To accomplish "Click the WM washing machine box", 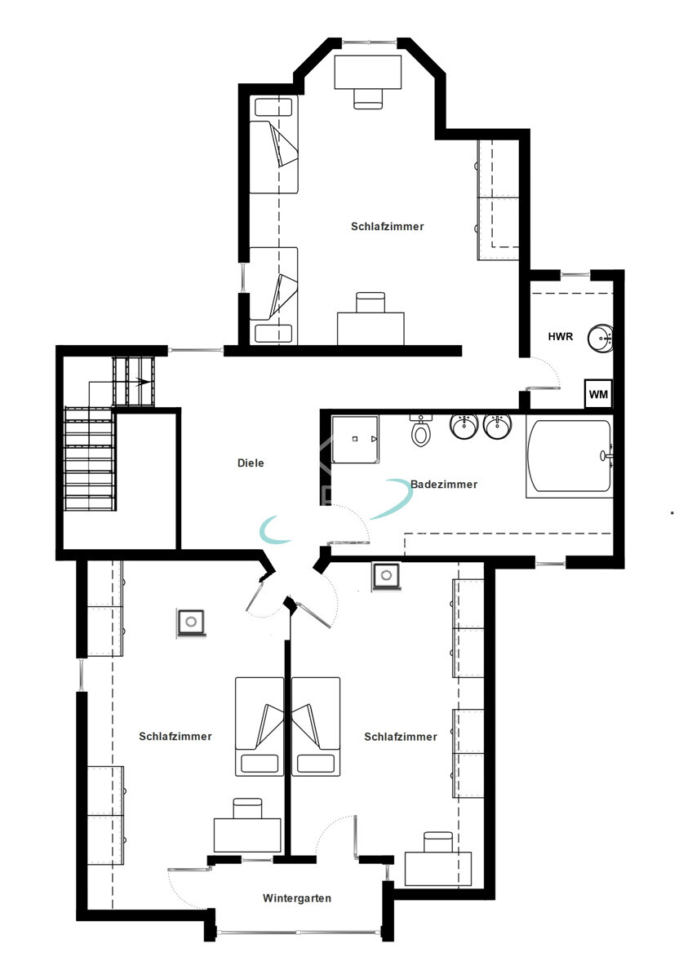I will (598, 394).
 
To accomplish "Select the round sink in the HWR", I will (603, 337).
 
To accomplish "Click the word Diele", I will (251, 463).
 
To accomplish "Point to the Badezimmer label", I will (444, 484).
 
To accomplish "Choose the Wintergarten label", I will (297, 898).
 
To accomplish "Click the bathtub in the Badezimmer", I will (569, 458).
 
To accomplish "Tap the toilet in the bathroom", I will (421, 430).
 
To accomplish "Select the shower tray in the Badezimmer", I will (355, 438).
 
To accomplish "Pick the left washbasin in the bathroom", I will (463, 426).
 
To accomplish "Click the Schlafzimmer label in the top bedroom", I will (388, 226).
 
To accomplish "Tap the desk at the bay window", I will (368, 73).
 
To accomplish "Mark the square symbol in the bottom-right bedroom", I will (385, 575).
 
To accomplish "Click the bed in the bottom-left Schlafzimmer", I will (259, 726).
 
